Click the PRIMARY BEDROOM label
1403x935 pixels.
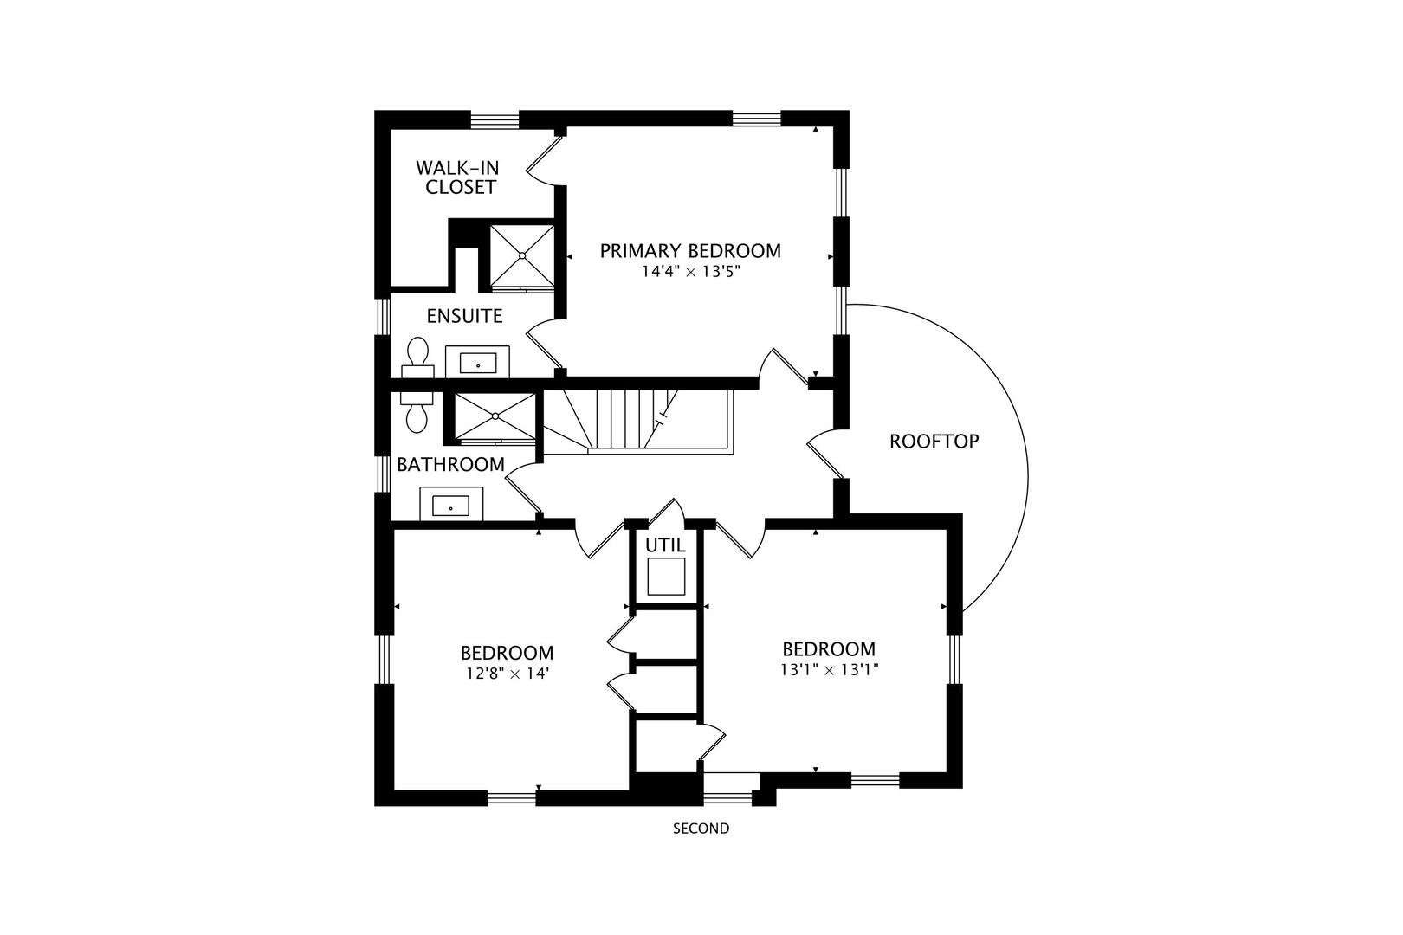(x=690, y=251)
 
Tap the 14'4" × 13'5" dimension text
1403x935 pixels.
(x=690, y=272)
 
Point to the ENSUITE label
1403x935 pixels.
(x=464, y=316)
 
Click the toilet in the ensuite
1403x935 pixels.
(x=417, y=358)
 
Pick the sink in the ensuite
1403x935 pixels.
(x=477, y=362)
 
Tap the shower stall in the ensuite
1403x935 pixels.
(x=522, y=255)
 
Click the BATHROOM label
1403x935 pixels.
(x=450, y=465)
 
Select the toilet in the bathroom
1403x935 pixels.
(x=417, y=409)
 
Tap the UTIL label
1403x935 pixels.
(x=665, y=546)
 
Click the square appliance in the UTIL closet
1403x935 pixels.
(x=666, y=577)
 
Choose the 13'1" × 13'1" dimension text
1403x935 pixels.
(x=829, y=669)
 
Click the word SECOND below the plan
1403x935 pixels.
(x=701, y=829)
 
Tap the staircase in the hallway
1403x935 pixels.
(x=637, y=420)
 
